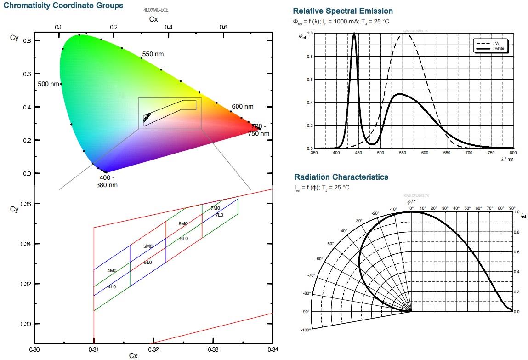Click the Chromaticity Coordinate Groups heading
click(63, 6)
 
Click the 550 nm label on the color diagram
click(153, 54)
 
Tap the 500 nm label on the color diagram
click(48, 84)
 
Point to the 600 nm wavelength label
click(242, 107)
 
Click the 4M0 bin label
click(112, 271)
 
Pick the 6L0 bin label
click(184, 238)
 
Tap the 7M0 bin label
click(215, 208)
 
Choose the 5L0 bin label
click(148, 262)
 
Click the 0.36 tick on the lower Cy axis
click(26, 204)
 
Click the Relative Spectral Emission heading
click(342, 11)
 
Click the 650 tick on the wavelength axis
click(447, 154)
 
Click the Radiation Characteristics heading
click(341, 177)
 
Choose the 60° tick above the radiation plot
click(478, 208)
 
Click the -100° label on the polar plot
click(306, 330)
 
